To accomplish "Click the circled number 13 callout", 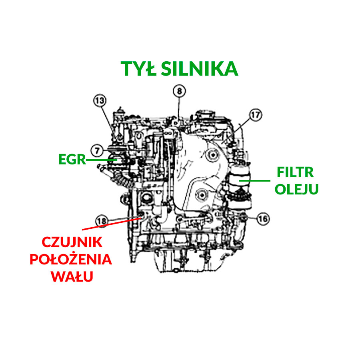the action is tap(100, 100).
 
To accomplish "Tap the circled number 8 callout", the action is tap(179, 91).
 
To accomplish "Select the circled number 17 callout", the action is tap(256, 115).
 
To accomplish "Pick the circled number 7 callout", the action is tap(97, 151).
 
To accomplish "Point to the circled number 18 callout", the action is tap(102, 221).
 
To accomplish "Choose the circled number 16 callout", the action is tap(263, 218).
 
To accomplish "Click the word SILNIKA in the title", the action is tap(200, 69).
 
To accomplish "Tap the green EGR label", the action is tap(72, 159).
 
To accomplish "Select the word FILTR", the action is tap(295, 172).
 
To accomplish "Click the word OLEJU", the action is tap(296, 189).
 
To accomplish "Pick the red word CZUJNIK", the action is tap(72, 242).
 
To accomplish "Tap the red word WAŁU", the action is tap(72, 276).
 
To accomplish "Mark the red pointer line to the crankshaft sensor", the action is tap(112, 224).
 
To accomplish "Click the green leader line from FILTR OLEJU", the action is tap(255, 181).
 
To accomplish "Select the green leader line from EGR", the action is tap(101, 160).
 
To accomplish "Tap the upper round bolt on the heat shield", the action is tap(213, 155).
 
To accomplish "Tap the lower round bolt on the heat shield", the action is tap(202, 195).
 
